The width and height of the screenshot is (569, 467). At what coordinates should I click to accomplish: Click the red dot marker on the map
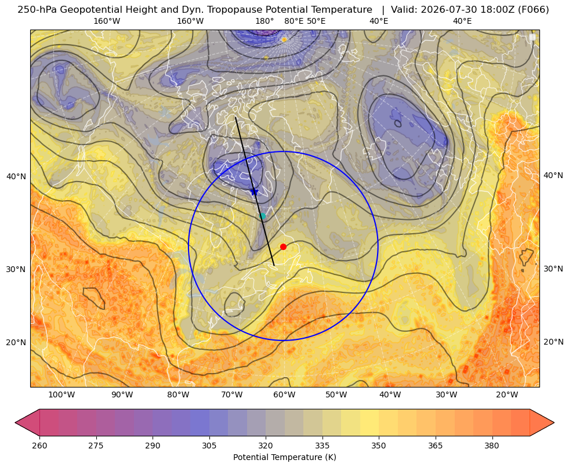point(284,247)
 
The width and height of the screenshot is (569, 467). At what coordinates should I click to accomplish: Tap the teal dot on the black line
point(262,216)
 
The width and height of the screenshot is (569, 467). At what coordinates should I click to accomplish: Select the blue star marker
point(255,191)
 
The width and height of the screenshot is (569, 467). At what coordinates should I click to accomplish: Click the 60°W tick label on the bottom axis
point(284,395)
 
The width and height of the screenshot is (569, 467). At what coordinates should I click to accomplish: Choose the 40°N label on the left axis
point(16,177)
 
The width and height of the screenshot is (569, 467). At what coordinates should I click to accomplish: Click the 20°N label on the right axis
point(553,342)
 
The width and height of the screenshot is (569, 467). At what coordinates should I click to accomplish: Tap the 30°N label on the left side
point(16,269)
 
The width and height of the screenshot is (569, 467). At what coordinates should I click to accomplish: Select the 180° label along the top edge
point(264,21)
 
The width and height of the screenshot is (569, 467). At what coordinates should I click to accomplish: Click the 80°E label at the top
point(293,21)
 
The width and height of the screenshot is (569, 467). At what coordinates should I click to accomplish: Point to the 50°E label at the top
point(316,21)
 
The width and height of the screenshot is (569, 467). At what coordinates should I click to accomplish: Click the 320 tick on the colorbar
point(266,446)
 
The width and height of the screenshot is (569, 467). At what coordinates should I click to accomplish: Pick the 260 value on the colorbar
point(39,446)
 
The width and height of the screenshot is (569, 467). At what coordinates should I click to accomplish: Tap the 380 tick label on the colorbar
point(492,446)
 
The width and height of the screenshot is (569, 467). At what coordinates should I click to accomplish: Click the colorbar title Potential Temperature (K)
point(284,457)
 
